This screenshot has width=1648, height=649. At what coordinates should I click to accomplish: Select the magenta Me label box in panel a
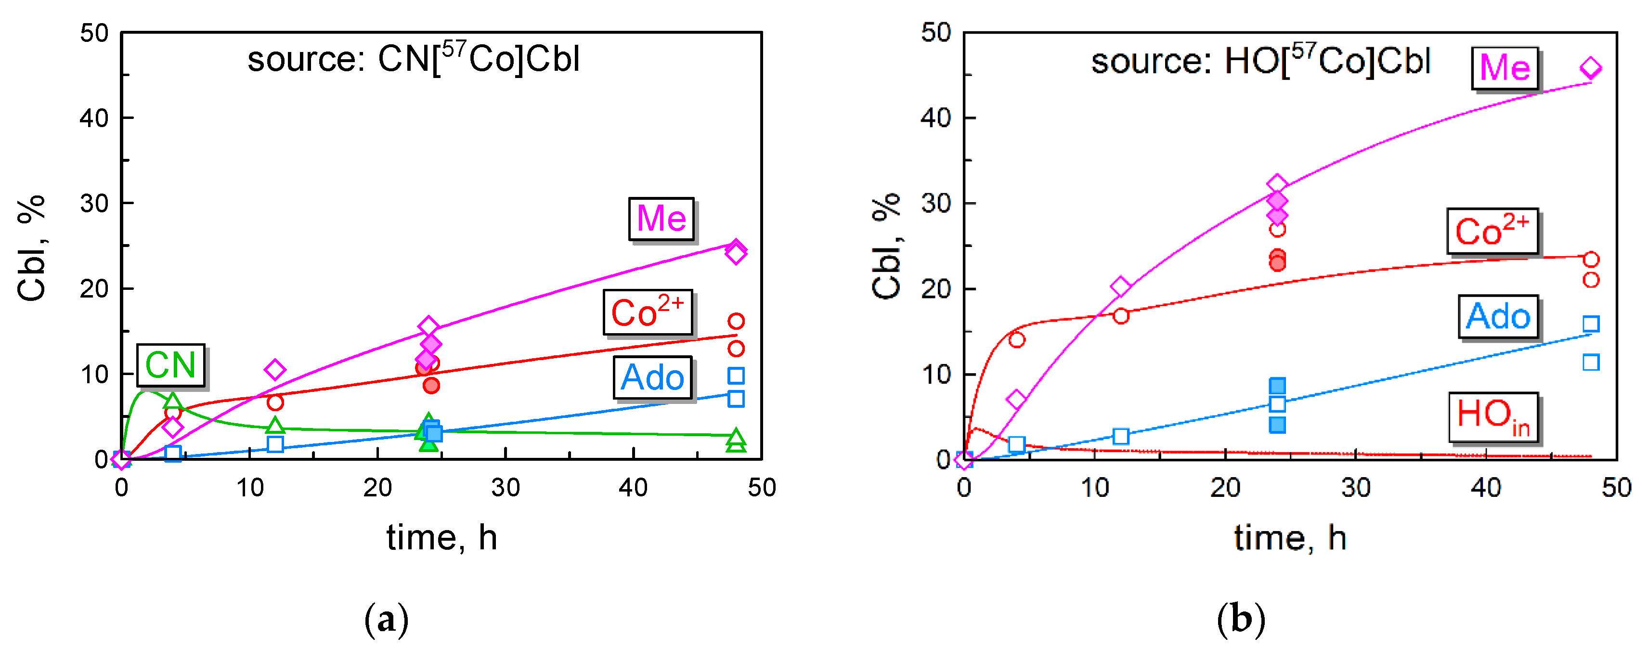pos(661,219)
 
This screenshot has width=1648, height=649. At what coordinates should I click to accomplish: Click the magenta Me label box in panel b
pos(1504,67)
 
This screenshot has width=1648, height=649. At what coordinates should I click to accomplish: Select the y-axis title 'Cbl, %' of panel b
pos(887,247)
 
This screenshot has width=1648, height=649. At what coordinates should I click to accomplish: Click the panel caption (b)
pos(1241,620)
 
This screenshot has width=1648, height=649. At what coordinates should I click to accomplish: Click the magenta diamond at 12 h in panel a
pos(275,369)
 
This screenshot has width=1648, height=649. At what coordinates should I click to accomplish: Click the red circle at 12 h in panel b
pos(1120,315)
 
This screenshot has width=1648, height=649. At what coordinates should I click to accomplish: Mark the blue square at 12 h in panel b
pos(1120,436)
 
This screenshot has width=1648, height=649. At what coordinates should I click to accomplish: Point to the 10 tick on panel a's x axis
pos(249,488)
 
